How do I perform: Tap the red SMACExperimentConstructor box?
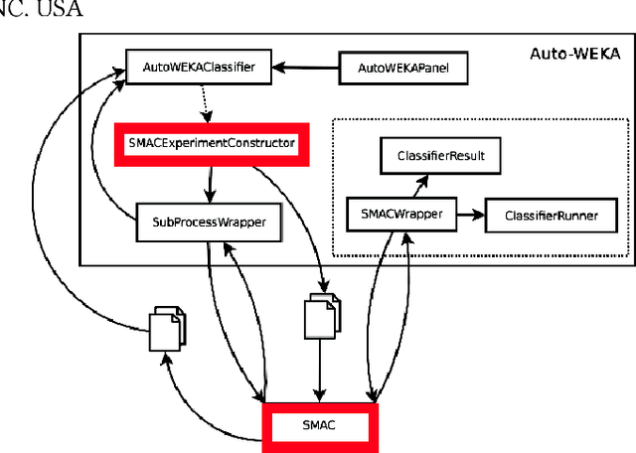[x=212, y=143]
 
